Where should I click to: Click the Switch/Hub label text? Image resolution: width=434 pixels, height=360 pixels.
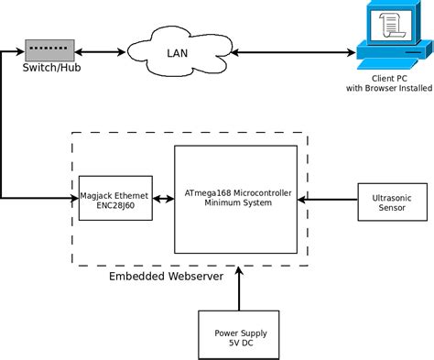pyautogui.click(x=49, y=67)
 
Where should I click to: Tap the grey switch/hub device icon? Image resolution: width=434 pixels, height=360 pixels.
pyautogui.click(x=49, y=49)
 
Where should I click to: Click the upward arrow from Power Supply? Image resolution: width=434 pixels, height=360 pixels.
pyautogui.click(x=237, y=289)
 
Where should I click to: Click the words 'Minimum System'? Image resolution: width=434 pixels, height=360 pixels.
pyautogui.click(x=236, y=202)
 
